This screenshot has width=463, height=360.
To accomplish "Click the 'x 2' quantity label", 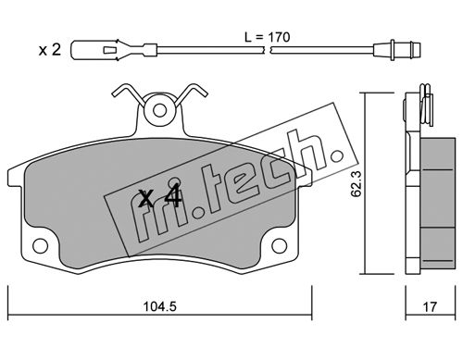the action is (x=50, y=50).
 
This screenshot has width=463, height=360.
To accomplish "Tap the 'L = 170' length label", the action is (x=268, y=37).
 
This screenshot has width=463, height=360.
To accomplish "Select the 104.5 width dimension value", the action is (x=159, y=306).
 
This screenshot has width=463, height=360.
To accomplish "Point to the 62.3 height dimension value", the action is (x=357, y=184).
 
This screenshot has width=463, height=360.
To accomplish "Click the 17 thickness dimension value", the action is (x=430, y=306).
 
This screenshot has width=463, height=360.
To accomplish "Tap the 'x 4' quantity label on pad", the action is (x=160, y=198).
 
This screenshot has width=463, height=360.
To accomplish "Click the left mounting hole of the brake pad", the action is (x=40, y=246).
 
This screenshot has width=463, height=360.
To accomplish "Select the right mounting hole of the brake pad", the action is (x=280, y=246).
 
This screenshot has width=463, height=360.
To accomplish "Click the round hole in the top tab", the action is (x=159, y=110).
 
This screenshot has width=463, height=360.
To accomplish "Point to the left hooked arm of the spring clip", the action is (x=127, y=93).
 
